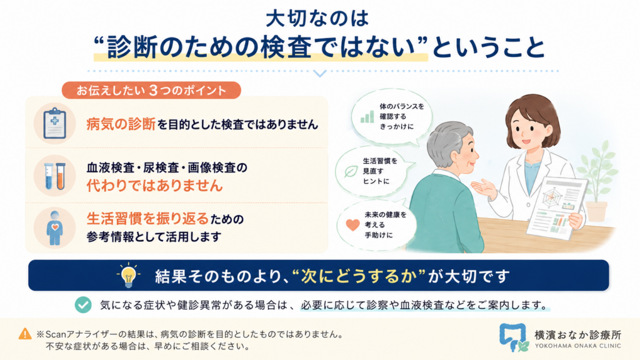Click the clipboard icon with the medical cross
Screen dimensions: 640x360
tap(55, 123)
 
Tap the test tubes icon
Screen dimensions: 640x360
tap(55, 176)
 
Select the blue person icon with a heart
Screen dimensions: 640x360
tap(55, 228)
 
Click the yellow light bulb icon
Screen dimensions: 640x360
tap(129, 276)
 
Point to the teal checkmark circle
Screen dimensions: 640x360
tap(83, 304)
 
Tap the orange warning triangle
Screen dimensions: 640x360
tap(25, 334)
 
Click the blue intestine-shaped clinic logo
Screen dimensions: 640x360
tap(513, 337)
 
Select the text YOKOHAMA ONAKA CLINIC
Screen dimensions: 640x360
tap(577, 346)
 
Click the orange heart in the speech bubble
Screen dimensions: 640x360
tap(352, 225)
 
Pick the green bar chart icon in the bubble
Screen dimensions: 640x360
tap(367, 116)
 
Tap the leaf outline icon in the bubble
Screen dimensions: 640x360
tap(351, 171)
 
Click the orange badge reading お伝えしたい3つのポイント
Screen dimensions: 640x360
tap(151, 90)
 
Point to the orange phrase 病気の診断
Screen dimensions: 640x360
tap(121, 124)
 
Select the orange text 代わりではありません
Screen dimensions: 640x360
tap(155, 186)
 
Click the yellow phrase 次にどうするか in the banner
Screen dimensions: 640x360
tap(359, 276)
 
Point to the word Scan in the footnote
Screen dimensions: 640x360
tap(55, 334)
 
